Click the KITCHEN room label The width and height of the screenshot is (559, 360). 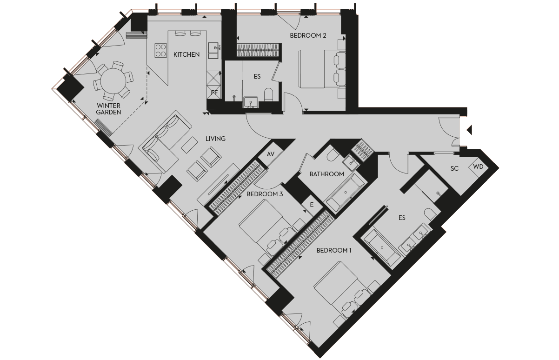coord(186,54)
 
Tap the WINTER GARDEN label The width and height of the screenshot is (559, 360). coord(109,109)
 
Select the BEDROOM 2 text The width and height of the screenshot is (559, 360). coord(308,35)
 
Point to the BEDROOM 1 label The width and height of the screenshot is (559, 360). coord(334,250)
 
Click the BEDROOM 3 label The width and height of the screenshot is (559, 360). coord(265,194)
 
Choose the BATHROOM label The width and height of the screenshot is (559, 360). coord(327,174)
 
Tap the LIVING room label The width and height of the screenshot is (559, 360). coord(215,139)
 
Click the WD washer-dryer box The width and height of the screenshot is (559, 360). coord(478,166)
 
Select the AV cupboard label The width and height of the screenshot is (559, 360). coord(271,154)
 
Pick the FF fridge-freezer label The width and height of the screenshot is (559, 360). coord(214,93)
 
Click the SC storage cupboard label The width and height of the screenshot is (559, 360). coord(454,168)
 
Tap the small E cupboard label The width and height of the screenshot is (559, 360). coord(312,204)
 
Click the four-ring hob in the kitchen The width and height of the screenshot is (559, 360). coord(161,50)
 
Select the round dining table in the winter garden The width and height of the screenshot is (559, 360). coord(113,80)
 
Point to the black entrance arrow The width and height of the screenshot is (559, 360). coord(469,130)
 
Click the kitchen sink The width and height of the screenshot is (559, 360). coord(214,47)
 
